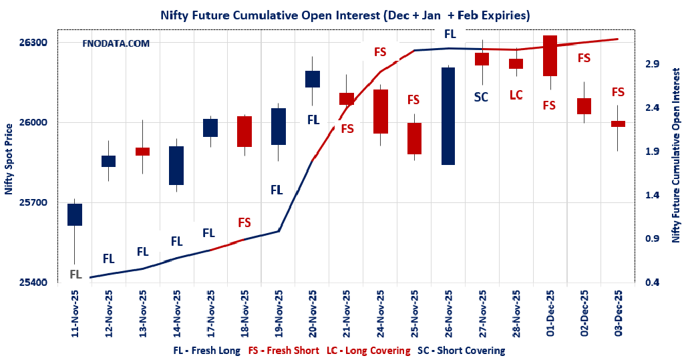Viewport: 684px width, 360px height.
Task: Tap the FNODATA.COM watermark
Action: pyautogui.click(x=116, y=43)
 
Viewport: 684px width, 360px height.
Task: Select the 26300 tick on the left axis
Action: pyautogui.click(x=35, y=43)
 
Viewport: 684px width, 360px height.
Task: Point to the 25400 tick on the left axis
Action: pyautogui.click(x=35, y=283)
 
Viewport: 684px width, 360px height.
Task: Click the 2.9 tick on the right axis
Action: pyautogui.click(x=652, y=64)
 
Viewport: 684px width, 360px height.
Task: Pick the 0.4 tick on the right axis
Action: pyautogui.click(x=652, y=283)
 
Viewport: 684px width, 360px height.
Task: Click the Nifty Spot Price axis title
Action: pyautogui.click(x=9, y=159)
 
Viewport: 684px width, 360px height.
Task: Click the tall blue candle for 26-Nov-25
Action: pyautogui.click(x=448, y=116)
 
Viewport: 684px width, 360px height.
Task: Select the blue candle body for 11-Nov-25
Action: pyautogui.click(x=75, y=214)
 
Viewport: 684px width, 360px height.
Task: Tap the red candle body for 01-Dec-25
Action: pyautogui.click(x=550, y=56)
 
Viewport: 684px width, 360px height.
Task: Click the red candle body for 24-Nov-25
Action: pyautogui.click(x=381, y=112)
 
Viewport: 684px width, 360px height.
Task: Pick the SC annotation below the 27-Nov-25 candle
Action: pyautogui.click(x=481, y=97)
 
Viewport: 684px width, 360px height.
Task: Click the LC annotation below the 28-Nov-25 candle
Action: pyautogui.click(x=516, y=95)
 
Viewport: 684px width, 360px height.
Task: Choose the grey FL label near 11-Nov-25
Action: pyautogui.click(x=75, y=274)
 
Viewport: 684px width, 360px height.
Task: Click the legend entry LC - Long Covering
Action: pyautogui.click(x=369, y=350)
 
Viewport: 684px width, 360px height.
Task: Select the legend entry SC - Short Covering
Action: pyautogui.click(x=461, y=350)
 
